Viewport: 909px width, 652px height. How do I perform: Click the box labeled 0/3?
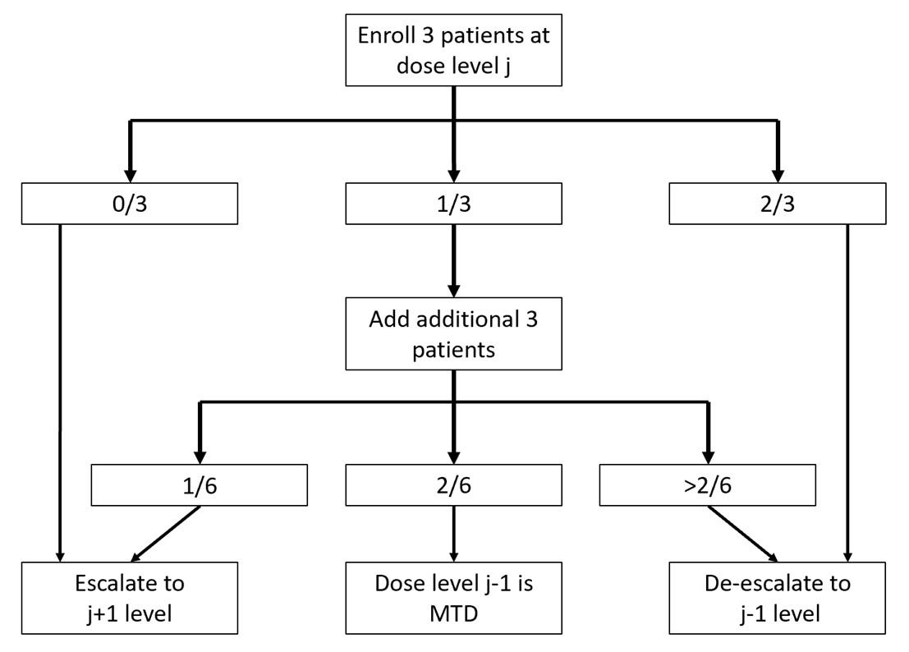coord(129,203)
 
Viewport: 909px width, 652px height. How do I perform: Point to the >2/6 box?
coord(709,484)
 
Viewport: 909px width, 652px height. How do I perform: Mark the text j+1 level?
coord(130,613)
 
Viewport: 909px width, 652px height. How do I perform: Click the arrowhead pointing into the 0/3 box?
coord(129,174)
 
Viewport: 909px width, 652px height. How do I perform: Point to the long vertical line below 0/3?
coord(60,386)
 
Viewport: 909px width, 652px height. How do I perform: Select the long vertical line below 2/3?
coord(847,386)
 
